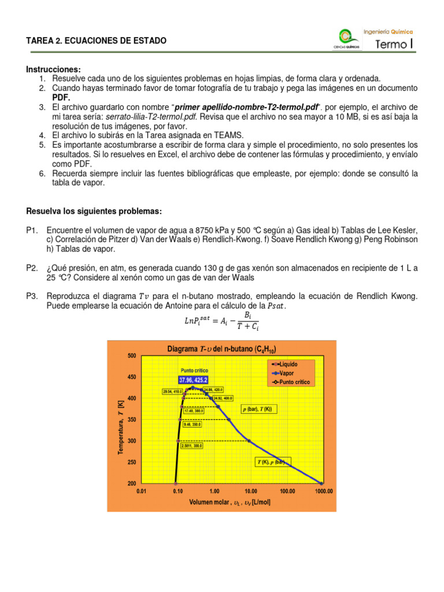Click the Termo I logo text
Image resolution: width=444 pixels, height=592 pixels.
394,45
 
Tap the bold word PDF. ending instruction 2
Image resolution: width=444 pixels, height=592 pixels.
61,98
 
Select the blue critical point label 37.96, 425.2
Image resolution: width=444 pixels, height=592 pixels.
193,380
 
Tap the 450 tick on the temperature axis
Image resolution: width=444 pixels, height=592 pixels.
132,377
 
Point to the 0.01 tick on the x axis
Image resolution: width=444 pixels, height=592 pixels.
141,491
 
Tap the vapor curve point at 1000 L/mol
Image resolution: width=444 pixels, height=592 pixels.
321,483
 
